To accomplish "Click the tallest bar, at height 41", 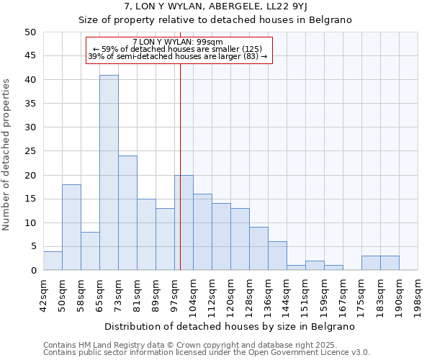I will point(109,173).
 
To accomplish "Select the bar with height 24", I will point(127,213).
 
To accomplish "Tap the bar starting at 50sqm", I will point(71,228).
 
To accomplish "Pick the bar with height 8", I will point(90,251).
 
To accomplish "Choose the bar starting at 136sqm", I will point(277,256).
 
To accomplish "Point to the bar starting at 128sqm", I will point(258,248).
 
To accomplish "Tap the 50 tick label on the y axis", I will point(30,32).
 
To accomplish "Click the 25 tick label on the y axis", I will point(30,151).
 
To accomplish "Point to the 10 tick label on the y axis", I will point(30,223).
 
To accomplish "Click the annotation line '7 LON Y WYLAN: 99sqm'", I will point(178,42).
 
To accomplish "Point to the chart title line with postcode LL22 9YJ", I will point(216,6).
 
